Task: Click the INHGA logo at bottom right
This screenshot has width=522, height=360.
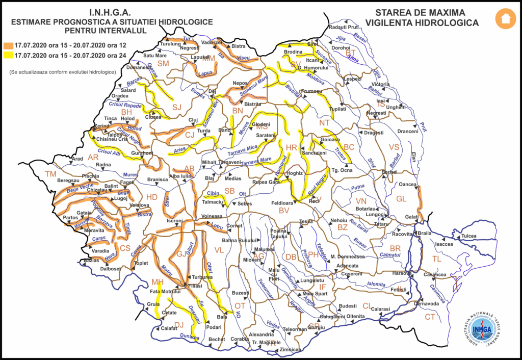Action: click(x=481, y=329)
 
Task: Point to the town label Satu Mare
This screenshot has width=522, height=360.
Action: click(x=155, y=56)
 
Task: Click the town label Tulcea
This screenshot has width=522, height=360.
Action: click(x=469, y=237)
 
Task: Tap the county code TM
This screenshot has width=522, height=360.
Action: click(x=50, y=174)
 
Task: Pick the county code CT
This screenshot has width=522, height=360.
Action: click(x=430, y=317)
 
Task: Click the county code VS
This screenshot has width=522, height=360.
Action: click(x=394, y=147)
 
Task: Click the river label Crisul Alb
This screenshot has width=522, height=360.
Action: click(x=110, y=151)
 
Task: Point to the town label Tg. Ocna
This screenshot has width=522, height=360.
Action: click(x=342, y=171)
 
